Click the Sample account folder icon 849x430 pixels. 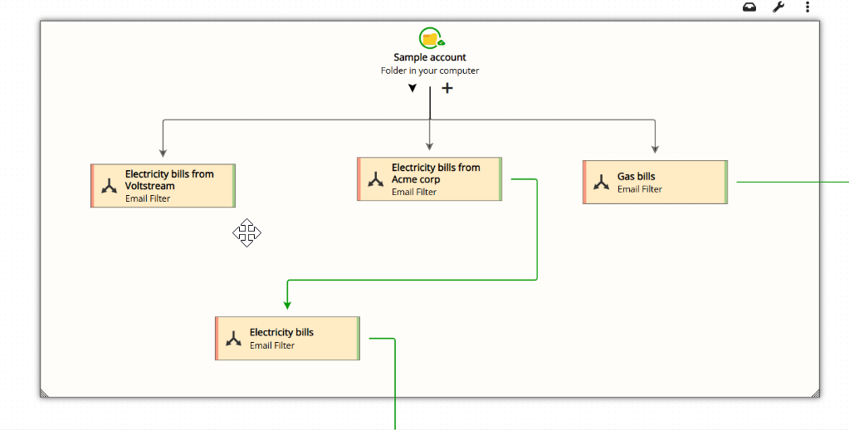pos(430,38)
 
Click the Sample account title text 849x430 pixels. pos(430,57)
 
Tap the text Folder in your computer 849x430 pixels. pos(430,71)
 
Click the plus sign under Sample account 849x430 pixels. pos(447,88)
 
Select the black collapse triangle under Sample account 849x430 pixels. pos(412,89)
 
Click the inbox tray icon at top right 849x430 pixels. pos(749,7)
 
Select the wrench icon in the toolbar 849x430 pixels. pos(778,7)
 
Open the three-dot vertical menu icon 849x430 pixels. pos(808,7)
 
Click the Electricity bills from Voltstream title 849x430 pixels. pos(169,179)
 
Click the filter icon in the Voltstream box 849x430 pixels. pos(109,186)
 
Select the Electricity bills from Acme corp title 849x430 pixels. pos(436,173)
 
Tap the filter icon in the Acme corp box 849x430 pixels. pos(376,179)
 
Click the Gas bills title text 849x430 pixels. pos(636,176)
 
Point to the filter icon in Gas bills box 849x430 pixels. pos(602,183)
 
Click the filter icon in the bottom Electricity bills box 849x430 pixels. pos(234,339)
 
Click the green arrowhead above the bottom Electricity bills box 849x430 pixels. pos(287,305)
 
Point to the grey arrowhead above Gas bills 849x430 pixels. pos(655,149)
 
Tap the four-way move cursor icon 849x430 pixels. pos(246,233)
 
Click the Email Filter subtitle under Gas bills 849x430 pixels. pos(639,189)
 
